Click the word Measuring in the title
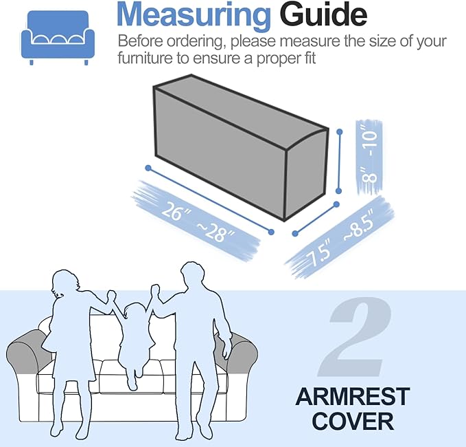click(x=194, y=15)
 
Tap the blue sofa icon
click(x=58, y=38)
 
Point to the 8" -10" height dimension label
click(x=369, y=157)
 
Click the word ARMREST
click(x=353, y=396)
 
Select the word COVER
click(x=353, y=421)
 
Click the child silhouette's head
click(x=136, y=313)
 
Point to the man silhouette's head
click(x=193, y=274)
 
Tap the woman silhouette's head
click(x=65, y=283)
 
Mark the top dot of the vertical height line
click(x=340, y=131)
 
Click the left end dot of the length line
click(x=148, y=168)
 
